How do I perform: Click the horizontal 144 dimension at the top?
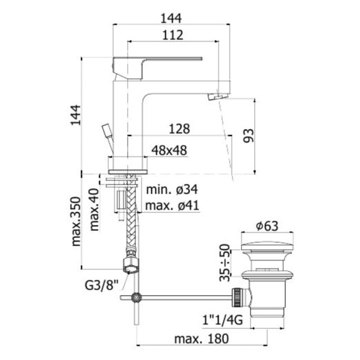[171, 18]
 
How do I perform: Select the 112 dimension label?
[173, 35]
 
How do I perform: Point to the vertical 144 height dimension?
[76, 115]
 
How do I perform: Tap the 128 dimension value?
[179, 129]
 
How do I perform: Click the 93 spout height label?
[249, 135]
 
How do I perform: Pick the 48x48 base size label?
[169, 151]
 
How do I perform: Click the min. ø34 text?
[172, 190]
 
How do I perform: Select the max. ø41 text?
[172, 206]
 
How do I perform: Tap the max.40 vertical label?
[94, 210]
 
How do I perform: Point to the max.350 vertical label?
[76, 221]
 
